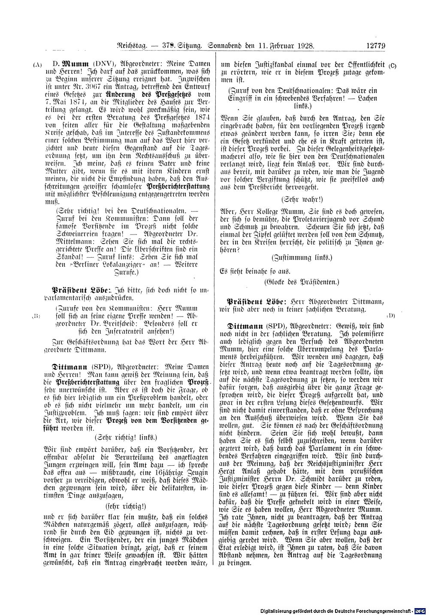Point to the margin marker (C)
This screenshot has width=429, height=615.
393,65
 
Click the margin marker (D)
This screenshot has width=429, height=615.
391,316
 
